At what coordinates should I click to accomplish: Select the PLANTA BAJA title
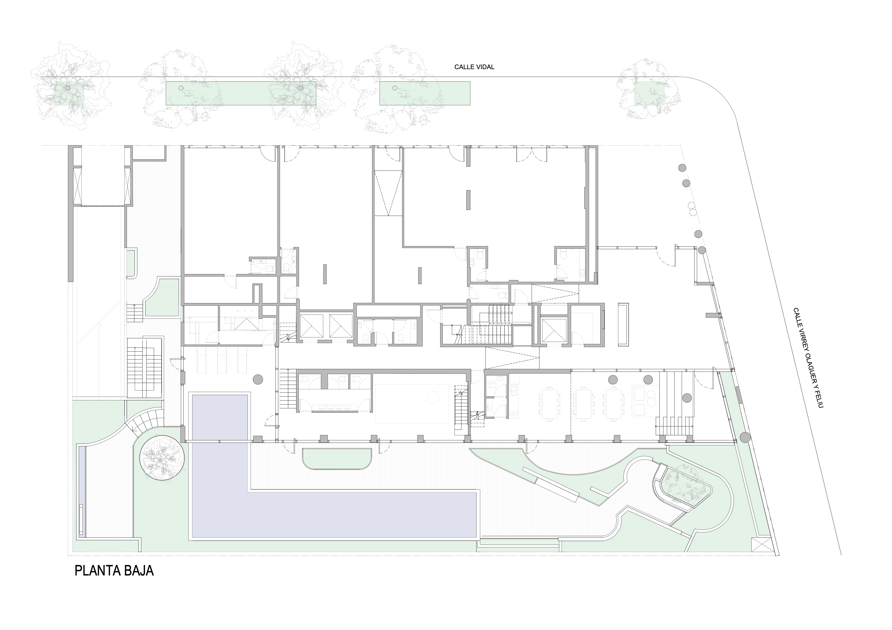point(114,571)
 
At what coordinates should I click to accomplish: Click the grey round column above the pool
point(258,379)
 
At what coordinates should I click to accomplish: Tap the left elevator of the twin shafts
point(311,325)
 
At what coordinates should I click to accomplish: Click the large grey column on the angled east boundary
point(745,437)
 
